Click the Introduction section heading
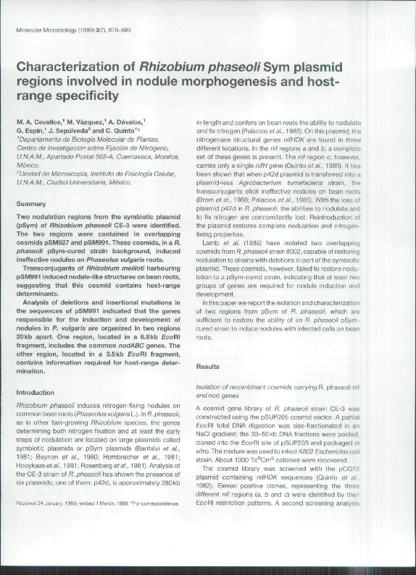click(35, 392)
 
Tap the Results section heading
click(208, 367)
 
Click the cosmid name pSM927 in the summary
click(51, 244)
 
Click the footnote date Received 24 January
click(48, 503)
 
